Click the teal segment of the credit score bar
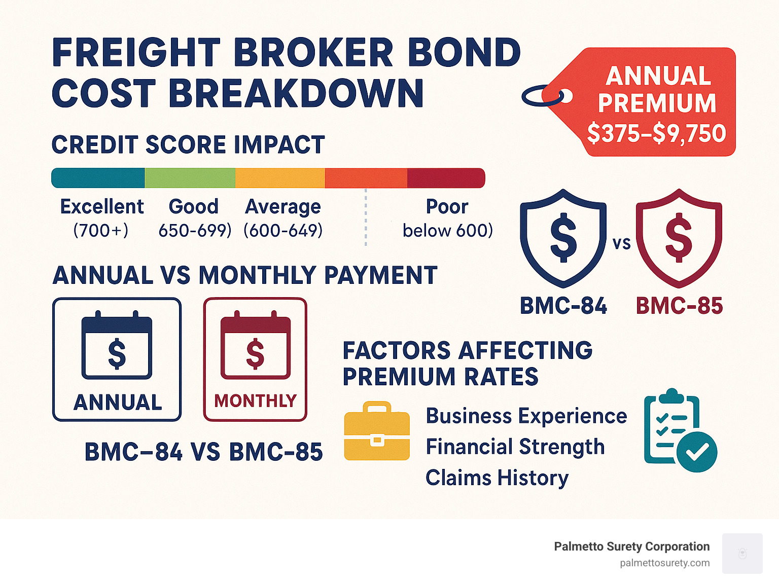tap(98, 178)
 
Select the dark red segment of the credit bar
tap(446, 178)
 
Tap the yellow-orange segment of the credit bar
tap(280, 178)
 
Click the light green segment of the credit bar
tap(190, 178)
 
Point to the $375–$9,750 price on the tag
tap(657, 133)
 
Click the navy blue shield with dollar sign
tap(563, 237)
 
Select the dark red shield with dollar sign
tap(679, 237)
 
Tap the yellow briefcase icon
tap(377, 431)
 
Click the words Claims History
tap(497, 478)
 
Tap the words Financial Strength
tap(515, 447)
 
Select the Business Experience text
tap(526, 416)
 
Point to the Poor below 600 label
tap(447, 218)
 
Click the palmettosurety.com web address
tap(664, 563)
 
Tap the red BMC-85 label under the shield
tap(679, 306)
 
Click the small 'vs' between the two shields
tap(621, 244)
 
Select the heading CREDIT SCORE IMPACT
tap(188, 145)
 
